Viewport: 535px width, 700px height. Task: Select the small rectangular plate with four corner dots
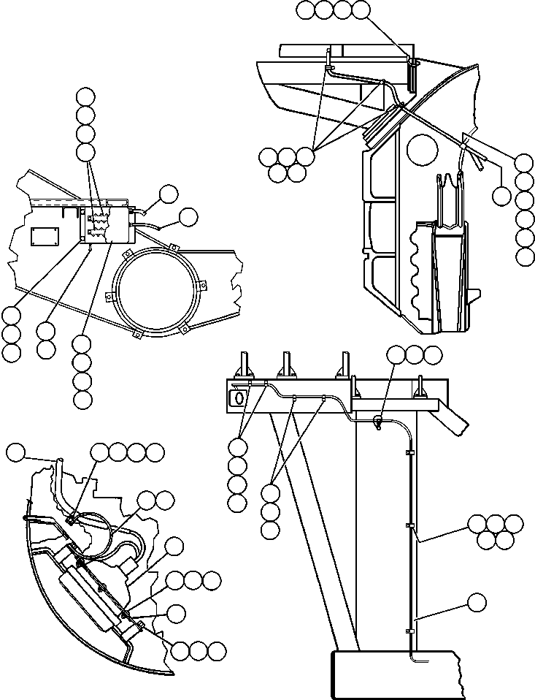tap(45, 237)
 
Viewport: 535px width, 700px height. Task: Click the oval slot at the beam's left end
tap(236, 397)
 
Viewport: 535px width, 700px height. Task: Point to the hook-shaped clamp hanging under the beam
tap(378, 422)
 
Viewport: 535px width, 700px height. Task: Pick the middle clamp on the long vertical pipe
tap(407, 526)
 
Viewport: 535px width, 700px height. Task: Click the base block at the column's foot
tap(394, 675)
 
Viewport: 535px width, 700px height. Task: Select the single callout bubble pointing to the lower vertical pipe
tap(477, 602)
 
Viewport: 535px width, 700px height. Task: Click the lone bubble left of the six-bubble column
tap(501, 195)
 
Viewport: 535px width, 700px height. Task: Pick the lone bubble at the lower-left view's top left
tap(15, 453)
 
